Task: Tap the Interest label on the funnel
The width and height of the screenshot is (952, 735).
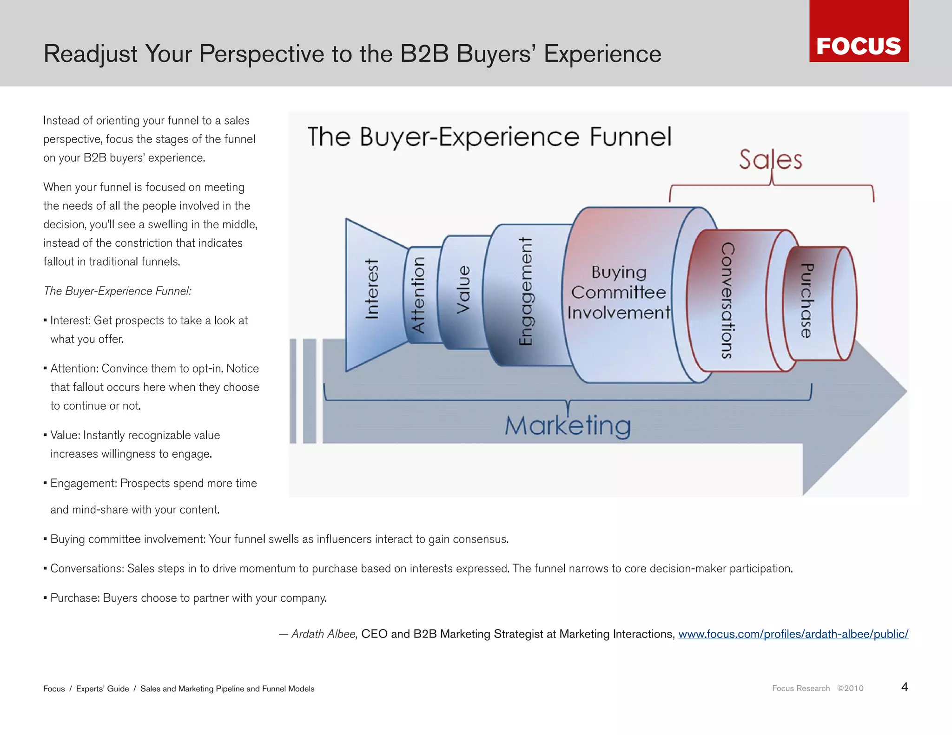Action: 372,289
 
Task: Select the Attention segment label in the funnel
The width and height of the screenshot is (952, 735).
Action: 418,295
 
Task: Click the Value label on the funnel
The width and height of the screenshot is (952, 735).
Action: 463,289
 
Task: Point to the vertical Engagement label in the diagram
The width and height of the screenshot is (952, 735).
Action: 525,291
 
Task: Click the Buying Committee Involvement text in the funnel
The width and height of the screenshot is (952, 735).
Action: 619,292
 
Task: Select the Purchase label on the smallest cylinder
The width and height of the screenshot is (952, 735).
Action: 807,301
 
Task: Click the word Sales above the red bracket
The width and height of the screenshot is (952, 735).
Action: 771,159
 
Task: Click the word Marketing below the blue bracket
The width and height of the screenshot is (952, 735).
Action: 568,425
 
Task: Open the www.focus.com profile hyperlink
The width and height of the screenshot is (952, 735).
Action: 793,634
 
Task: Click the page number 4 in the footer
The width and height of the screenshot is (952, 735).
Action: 904,687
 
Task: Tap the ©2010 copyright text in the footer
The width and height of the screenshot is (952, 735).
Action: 850,689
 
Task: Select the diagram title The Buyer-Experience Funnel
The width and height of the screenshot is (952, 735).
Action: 489,137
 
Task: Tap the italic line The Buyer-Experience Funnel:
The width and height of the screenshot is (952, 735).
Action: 117,291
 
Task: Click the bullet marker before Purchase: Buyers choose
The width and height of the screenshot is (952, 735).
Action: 45,598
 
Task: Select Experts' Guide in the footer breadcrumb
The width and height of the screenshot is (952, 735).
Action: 102,689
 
